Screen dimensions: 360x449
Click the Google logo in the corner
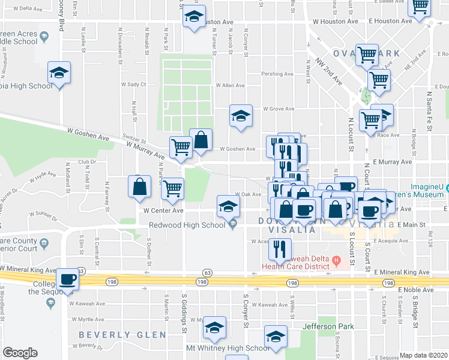point(20,353)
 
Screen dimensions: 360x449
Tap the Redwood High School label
point(187,224)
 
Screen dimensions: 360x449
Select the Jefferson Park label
point(328,327)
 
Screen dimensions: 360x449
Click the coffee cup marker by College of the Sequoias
point(68,280)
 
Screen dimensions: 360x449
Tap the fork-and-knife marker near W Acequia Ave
point(280,249)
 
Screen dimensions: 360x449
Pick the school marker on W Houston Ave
point(194,17)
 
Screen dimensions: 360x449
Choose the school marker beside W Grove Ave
point(241,116)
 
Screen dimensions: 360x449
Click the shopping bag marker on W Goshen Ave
point(201,140)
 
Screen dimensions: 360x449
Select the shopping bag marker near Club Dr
point(139,187)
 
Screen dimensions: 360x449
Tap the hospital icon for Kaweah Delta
point(337,260)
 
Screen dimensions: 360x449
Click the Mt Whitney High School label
point(228,348)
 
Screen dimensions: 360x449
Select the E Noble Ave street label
point(415,289)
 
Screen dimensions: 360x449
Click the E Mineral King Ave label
point(401,272)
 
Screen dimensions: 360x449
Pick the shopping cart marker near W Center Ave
point(173,188)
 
